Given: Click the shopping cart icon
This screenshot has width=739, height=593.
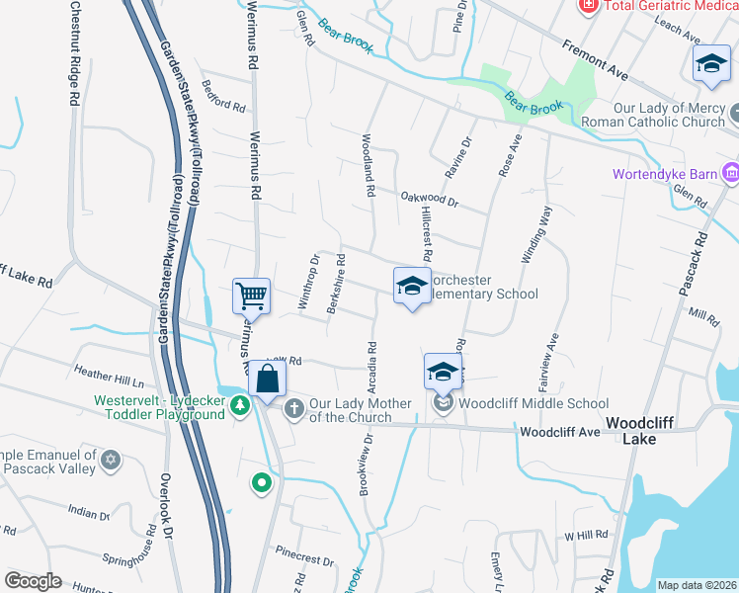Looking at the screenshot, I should point(252,296).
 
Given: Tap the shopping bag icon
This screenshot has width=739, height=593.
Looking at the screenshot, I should point(267,378).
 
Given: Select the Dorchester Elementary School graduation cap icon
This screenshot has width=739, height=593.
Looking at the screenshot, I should point(412,286).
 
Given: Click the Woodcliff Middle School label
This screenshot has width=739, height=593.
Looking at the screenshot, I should point(534,403).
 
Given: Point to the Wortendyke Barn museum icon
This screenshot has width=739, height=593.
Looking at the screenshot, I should point(730,174).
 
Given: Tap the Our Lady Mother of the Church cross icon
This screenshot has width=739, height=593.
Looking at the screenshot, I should point(293,408).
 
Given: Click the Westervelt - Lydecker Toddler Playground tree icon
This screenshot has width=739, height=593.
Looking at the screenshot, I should point(239,406).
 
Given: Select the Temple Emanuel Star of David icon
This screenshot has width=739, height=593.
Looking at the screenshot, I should point(111,460).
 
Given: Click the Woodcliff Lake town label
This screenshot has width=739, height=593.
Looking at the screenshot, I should point(639,430).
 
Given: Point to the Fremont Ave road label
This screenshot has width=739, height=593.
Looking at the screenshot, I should point(596,60).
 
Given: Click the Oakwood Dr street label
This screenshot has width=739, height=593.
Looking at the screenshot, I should point(430,200).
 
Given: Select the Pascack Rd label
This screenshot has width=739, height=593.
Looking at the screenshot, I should point(698,267).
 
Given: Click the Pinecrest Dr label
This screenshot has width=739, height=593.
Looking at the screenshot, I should point(304,554).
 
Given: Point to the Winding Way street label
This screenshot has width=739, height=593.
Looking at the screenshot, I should point(544,242).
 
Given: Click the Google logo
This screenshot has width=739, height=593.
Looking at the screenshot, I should point(34,581).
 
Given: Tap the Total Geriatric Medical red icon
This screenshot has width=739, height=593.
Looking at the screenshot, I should point(588,5).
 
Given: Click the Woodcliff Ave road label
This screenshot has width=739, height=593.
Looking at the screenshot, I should point(560,432).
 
